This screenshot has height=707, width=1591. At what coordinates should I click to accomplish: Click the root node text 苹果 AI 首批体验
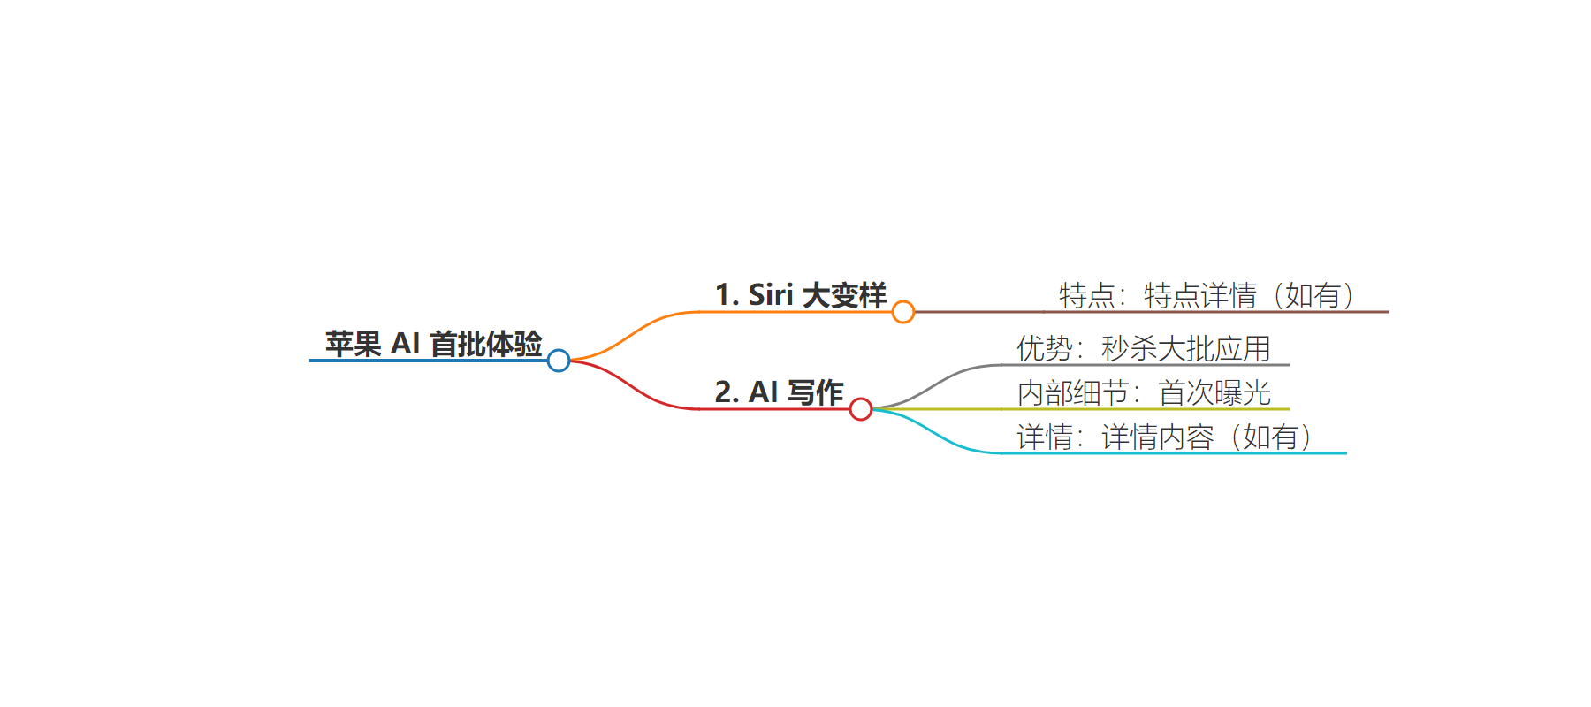(433, 344)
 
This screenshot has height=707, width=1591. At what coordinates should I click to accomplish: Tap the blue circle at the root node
(559, 361)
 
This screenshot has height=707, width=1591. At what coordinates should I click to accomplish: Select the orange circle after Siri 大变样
(903, 312)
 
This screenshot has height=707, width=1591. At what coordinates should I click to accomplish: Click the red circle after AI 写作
(861, 409)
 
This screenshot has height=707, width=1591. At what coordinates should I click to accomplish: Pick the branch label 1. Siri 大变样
(801, 295)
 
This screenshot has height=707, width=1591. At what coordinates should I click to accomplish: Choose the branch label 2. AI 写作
(780, 392)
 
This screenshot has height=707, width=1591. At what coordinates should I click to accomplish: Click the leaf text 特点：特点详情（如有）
(1207, 295)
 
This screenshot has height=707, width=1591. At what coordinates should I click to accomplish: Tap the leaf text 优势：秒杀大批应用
(1144, 348)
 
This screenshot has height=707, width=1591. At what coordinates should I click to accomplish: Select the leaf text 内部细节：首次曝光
(1144, 392)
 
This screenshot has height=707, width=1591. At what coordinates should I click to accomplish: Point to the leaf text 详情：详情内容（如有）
(1165, 437)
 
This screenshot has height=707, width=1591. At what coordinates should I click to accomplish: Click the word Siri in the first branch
(771, 295)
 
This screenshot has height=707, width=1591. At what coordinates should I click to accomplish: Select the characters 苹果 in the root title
(354, 344)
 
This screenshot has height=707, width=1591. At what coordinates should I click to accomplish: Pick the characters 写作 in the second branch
(816, 392)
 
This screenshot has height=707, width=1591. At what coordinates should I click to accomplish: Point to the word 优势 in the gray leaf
(1045, 348)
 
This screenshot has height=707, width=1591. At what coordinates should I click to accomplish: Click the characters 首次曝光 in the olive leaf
(1215, 392)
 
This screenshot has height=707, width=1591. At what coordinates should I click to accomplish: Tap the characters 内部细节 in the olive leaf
(1073, 392)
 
